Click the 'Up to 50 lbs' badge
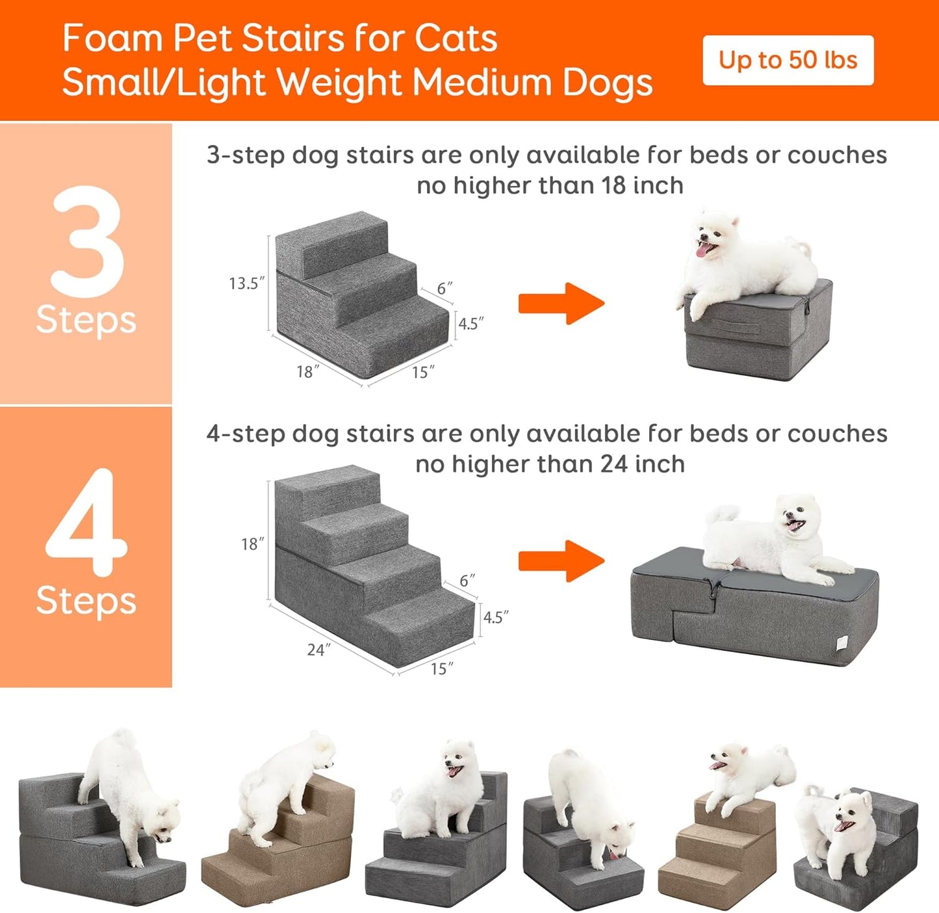(x=788, y=60)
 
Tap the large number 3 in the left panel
(x=87, y=241)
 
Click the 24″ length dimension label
(x=318, y=650)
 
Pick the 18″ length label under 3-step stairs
(x=307, y=372)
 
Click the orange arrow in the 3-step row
(x=561, y=303)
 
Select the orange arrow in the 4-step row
(x=561, y=561)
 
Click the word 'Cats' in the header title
(x=456, y=38)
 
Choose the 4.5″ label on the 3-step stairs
(x=470, y=323)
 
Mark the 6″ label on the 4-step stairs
(x=467, y=580)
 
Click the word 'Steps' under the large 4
(x=86, y=601)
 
